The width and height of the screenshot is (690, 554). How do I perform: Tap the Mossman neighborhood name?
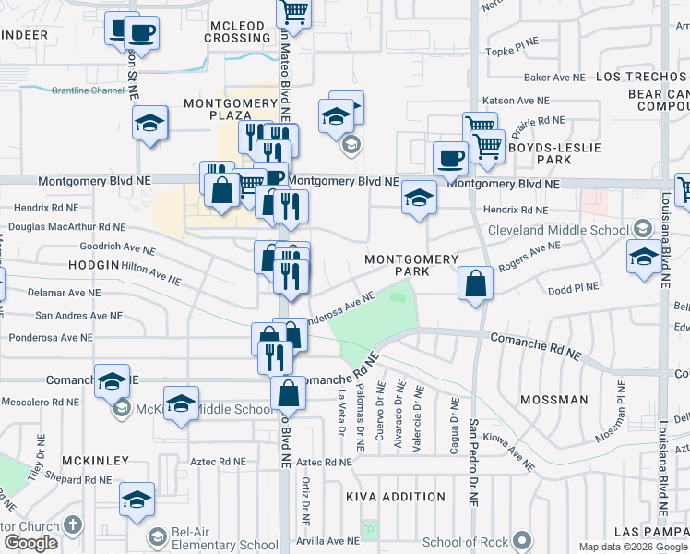(553, 400)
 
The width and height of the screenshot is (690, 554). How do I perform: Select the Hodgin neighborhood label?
(93, 264)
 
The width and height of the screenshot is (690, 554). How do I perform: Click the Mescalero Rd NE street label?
(42, 402)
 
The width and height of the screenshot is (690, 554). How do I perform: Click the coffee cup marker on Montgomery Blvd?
(449, 158)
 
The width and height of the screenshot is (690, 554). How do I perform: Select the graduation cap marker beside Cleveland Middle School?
(643, 256)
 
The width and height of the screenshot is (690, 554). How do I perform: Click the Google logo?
(30, 543)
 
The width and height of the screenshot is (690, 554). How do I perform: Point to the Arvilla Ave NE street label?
(328, 540)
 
